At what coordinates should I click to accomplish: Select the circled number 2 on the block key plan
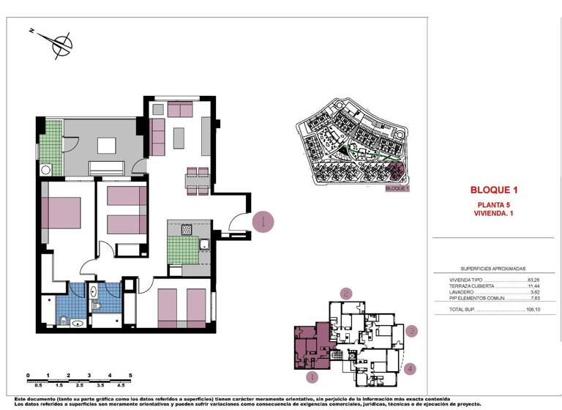(345, 293)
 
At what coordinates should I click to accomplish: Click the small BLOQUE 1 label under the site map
(397, 188)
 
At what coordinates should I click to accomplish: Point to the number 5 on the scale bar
(130, 375)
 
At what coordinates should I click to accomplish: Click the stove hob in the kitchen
(187, 229)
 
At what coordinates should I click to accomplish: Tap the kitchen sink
(205, 245)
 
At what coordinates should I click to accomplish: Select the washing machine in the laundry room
(45, 170)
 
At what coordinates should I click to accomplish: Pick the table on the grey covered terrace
(107, 146)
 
